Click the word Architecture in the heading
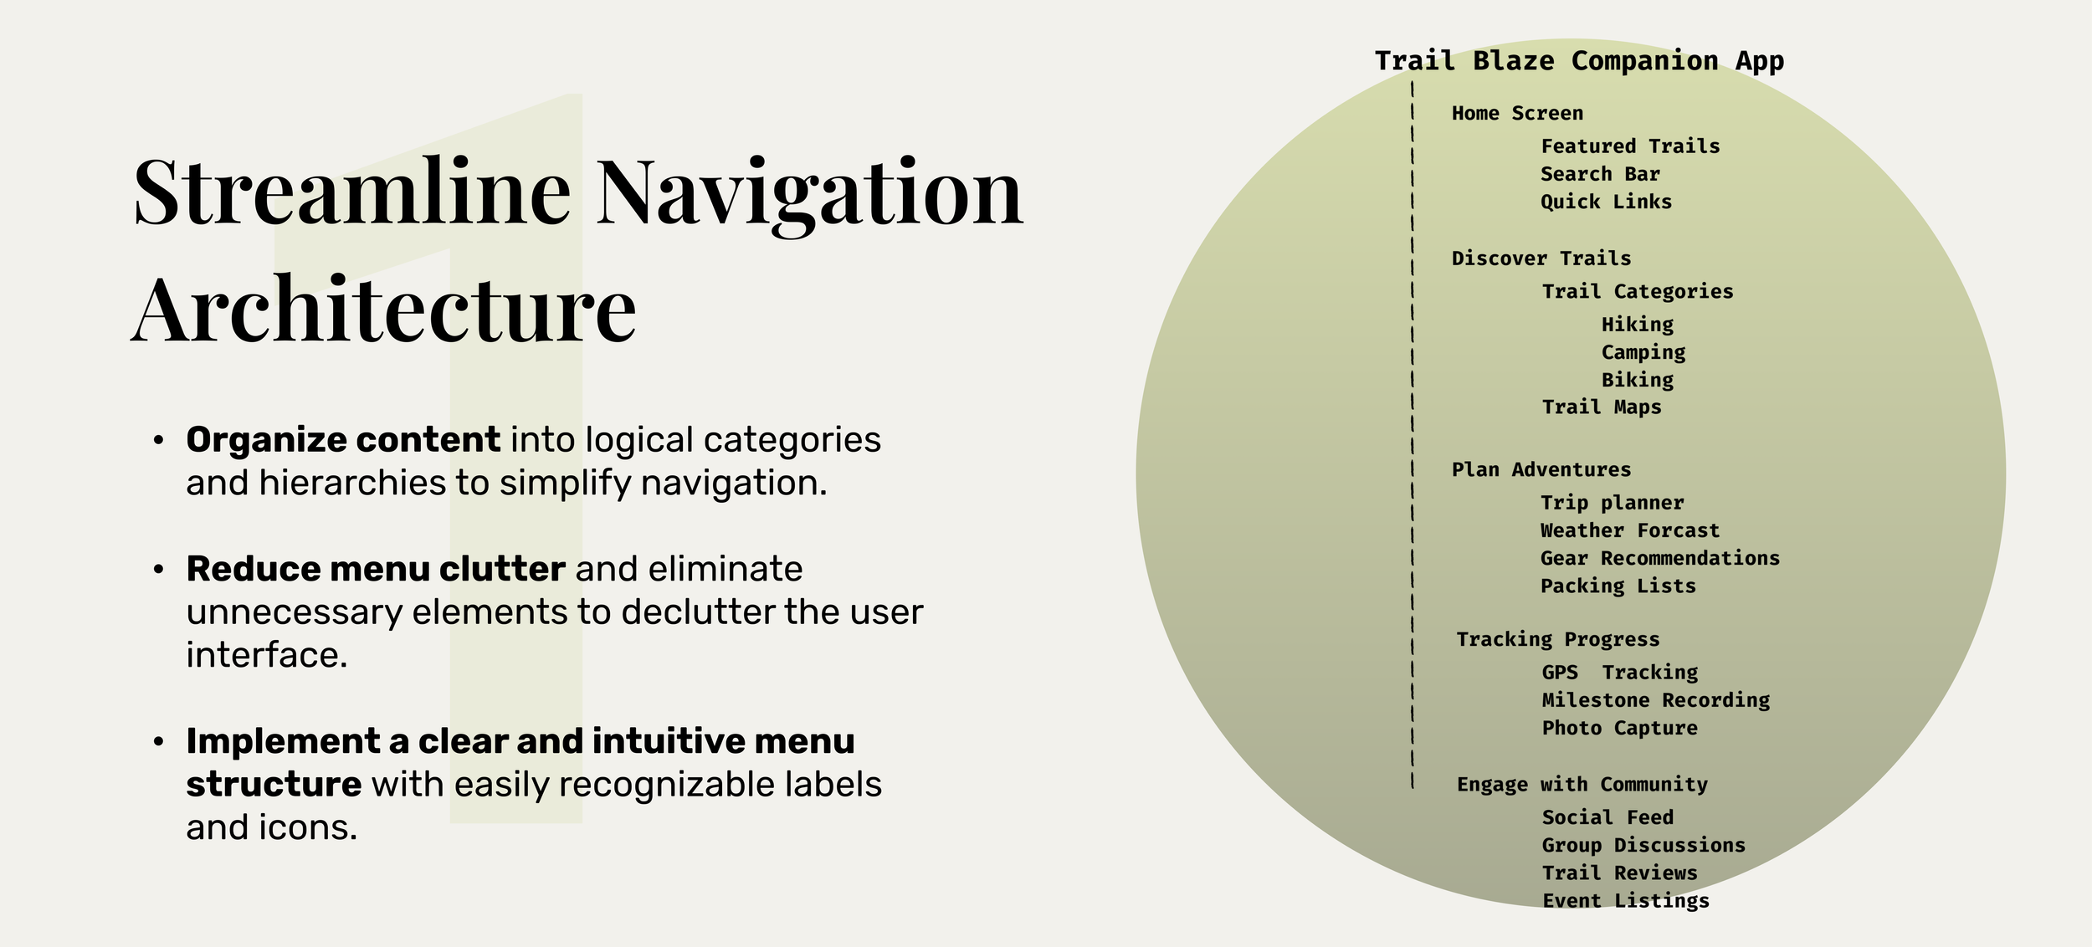click(383, 311)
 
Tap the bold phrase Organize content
click(343, 440)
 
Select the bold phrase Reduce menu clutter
click(376, 569)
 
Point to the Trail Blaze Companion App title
click(1579, 61)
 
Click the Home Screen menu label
click(1517, 114)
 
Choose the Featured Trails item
click(1630, 146)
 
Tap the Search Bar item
click(1600, 174)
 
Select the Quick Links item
click(1606, 202)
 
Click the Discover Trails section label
click(1541, 259)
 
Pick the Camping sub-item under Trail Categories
click(1643, 352)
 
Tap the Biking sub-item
click(1638, 380)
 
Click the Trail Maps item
click(1602, 407)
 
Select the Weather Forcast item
click(1630, 530)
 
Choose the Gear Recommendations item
click(1660, 558)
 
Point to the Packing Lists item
click(1618, 586)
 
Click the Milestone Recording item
click(1656, 700)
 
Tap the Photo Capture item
click(1620, 728)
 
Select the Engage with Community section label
click(1582, 785)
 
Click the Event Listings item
click(1626, 901)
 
